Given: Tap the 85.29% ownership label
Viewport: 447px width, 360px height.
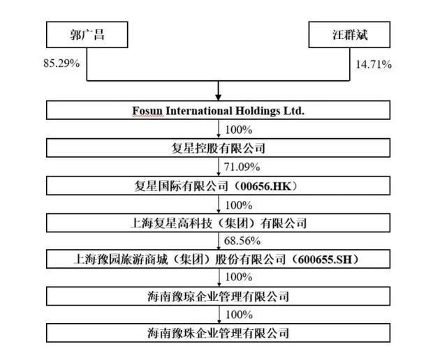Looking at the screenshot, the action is point(61,63).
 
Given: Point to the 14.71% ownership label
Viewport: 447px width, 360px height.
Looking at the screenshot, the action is point(374,65).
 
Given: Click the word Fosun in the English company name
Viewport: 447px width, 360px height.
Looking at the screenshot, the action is point(147,110).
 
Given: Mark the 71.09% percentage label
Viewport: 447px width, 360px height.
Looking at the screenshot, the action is point(242,167).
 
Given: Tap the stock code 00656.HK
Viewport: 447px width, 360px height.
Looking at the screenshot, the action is point(265,186).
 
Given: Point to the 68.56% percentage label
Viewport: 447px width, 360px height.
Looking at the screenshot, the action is point(242,241).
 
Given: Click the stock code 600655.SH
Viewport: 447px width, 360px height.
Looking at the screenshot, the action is point(325,260).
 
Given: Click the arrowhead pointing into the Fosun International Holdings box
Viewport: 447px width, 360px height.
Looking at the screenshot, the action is point(219,98).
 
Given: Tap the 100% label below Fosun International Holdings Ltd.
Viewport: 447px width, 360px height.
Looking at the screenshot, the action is point(239,130).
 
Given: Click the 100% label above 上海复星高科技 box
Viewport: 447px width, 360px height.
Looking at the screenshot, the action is point(239,205).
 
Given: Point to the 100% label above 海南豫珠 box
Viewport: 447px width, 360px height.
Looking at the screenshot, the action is point(239,315).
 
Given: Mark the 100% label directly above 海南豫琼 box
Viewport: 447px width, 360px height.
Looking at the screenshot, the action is point(239,277).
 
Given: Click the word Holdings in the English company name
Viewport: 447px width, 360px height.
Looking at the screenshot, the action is point(258,111).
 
